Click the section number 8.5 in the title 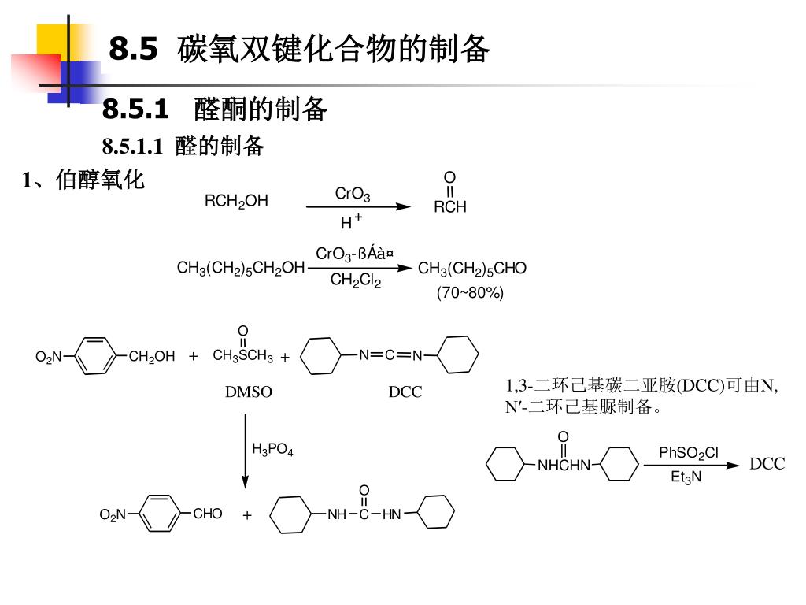tap(133, 49)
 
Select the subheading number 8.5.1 tap(135, 109)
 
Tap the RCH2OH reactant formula tap(236, 202)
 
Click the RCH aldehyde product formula tap(450, 207)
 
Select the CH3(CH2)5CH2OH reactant tap(241, 269)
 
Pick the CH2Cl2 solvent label tap(356, 280)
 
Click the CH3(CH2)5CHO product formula tap(472, 269)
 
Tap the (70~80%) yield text tap(470, 293)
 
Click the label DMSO tap(249, 392)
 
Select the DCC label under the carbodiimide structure tap(405, 392)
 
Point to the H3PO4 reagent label tap(272, 450)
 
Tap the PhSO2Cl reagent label tap(689, 453)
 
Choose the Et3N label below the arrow tap(686, 477)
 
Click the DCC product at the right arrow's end tap(767, 464)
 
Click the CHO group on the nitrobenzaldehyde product tap(208, 514)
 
